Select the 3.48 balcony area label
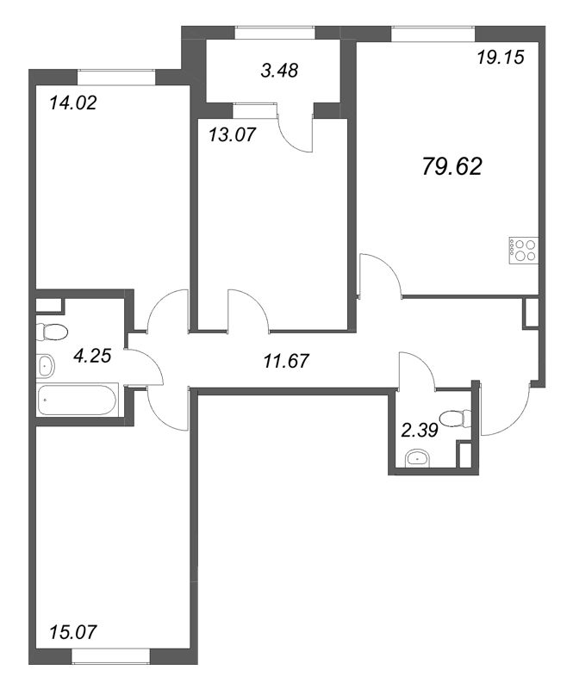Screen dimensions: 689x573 coord(279,71)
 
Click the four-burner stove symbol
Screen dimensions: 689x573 coord(524,249)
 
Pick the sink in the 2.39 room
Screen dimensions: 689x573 coord(420,457)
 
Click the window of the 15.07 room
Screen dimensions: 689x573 coord(106,656)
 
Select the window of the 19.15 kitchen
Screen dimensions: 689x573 coord(431,33)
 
